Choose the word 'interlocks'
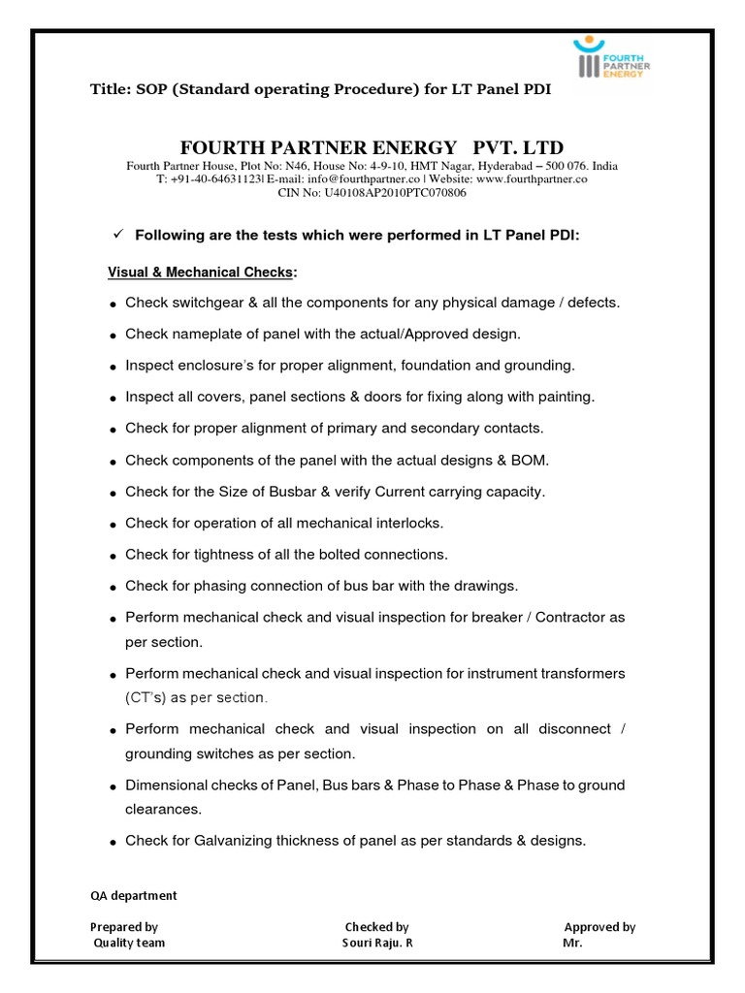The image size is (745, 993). click(408, 523)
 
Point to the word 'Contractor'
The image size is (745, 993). click(570, 618)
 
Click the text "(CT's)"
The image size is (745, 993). click(146, 697)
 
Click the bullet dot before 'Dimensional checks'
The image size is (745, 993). click(113, 786)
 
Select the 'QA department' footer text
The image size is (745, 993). click(134, 896)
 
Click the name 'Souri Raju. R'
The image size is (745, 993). click(377, 943)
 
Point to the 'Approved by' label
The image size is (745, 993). click(599, 927)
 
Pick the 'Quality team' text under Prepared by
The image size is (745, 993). click(129, 943)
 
